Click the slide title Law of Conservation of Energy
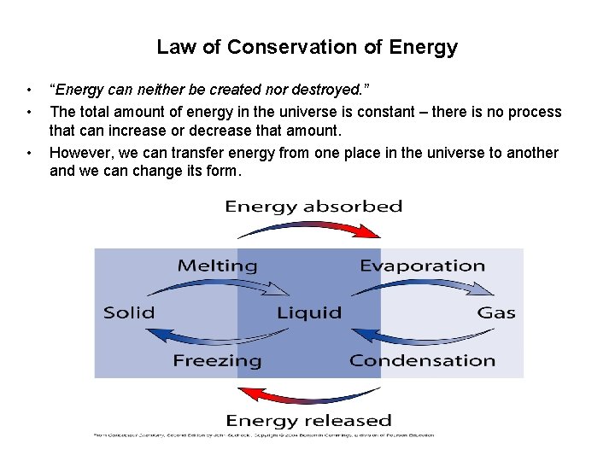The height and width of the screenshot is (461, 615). pos(307,47)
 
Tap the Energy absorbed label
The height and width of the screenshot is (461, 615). pos(313,207)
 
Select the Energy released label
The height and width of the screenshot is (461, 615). pos(308,420)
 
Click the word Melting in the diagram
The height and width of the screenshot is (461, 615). pos(217,266)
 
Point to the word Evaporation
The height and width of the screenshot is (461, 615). pos(422,266)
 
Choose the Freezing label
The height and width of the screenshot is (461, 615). pos(217,360)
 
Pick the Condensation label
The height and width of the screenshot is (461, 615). pos(422,360)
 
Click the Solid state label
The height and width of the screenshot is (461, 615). pos(129,312)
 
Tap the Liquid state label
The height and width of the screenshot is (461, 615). pos(309,312)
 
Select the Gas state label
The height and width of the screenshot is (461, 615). pos(496,312)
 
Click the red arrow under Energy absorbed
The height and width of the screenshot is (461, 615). pos(309,227)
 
